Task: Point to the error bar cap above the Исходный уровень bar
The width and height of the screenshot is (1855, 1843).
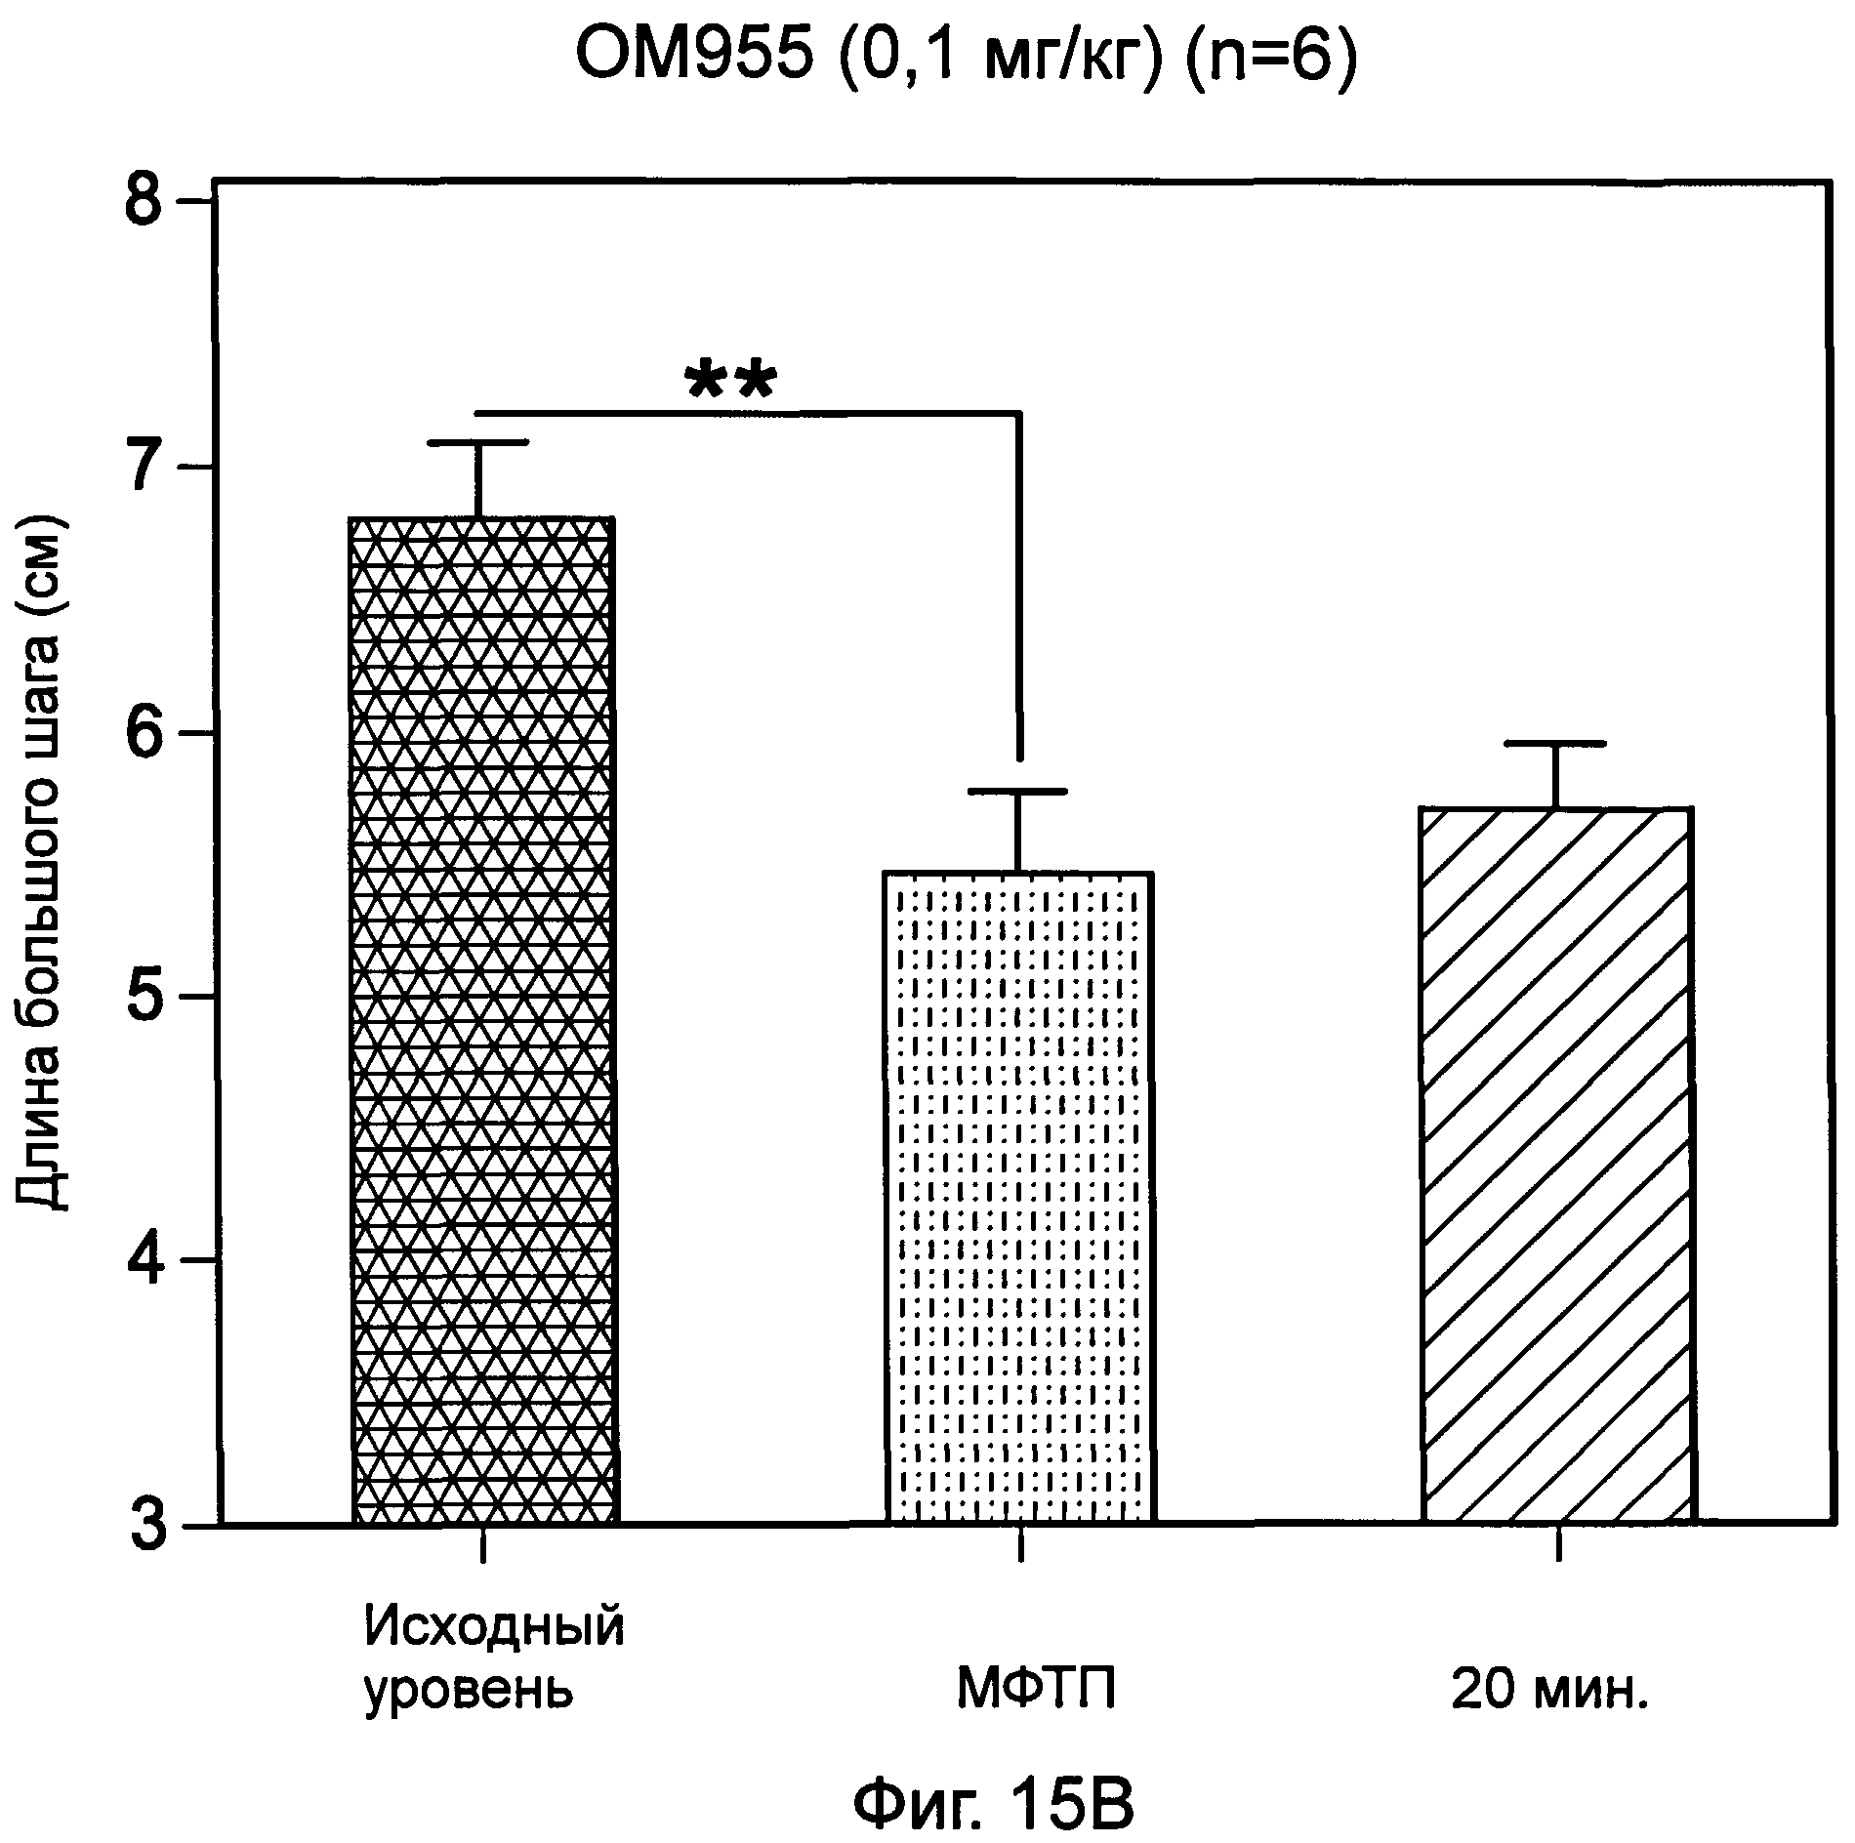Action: point(479,443)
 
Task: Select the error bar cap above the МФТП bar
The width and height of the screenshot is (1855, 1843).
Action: point(1019,791)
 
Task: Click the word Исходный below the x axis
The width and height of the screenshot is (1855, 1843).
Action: point(494,1626)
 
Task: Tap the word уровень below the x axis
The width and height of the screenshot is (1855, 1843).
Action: point(469,1690)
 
